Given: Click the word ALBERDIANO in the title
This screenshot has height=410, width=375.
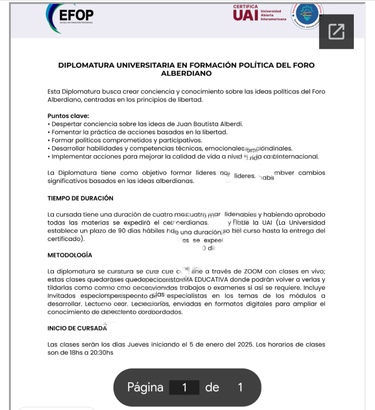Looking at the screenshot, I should coord(186,74).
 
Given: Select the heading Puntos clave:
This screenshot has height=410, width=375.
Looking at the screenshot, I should coord(68,116).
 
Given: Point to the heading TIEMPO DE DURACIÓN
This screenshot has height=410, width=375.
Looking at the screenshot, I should coord(80,198).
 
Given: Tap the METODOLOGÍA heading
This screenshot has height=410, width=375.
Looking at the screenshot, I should coord(70,255).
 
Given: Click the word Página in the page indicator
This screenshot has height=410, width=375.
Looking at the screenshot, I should coord(145,387).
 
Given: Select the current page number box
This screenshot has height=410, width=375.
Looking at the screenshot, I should coord(184,388).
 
